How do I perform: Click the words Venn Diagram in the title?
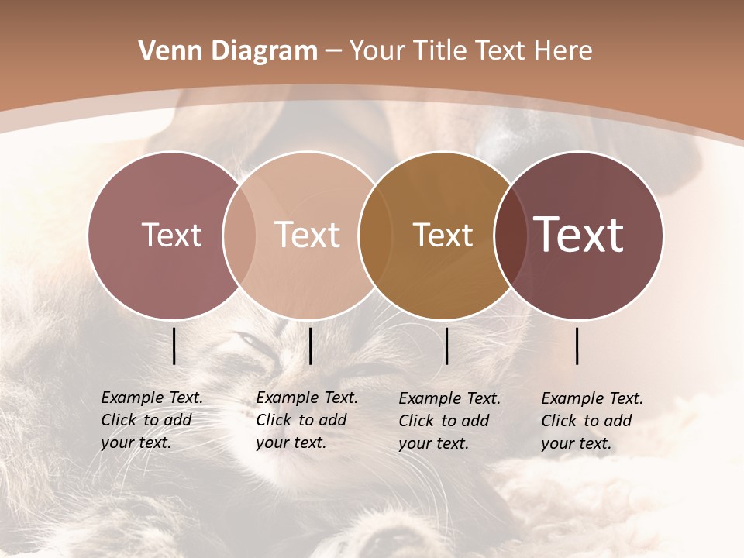[228, 51]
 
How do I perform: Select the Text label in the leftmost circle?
[171, 235]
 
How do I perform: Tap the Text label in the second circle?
[308, 235]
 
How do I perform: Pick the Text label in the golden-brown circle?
[443, 235]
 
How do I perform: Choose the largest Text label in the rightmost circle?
[579, 235]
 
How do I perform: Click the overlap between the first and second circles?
[239, 235]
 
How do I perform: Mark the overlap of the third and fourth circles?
[509, 235]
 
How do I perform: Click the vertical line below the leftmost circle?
[174, 346]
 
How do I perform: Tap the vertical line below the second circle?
[310, 346]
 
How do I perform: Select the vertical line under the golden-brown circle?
[446, 346]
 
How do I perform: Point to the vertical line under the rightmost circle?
[577, 346]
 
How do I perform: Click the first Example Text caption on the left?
[151, 420]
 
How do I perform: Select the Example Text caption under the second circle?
[306, 420]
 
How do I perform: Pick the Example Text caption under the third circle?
[449, 420]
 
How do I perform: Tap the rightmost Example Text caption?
[591, 420]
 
